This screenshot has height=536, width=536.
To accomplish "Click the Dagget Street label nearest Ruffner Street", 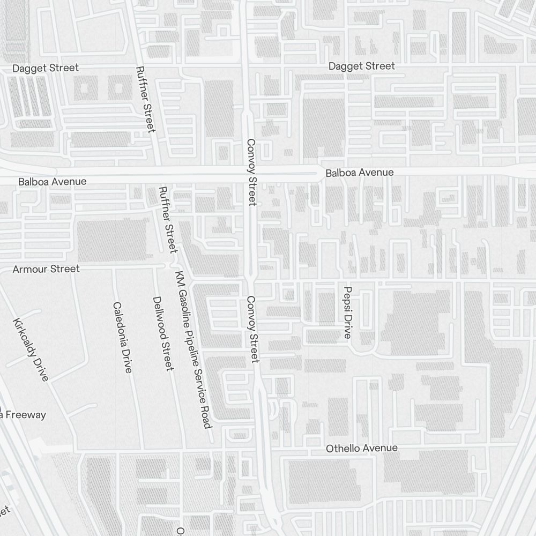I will [x=46, y=68].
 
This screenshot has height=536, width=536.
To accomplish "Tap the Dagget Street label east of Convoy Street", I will [x=361, y=66].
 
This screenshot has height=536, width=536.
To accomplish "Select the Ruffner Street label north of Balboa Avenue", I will [x=145, y=99].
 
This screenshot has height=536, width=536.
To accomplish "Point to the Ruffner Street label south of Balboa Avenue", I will [x=168, y=220].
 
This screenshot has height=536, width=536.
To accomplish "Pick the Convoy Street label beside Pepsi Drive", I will [x=252, y=329].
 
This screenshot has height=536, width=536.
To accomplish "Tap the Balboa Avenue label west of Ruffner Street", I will [x=52, y=182].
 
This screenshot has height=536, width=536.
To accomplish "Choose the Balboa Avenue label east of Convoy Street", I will [x=359, y=173].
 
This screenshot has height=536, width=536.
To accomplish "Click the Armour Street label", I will [x=46, y=269].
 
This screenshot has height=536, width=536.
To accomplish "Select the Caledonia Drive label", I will [x=122, y=338].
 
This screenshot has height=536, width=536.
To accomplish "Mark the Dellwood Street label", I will [x=163, y=333].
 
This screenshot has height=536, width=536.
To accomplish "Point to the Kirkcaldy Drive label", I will [x=31, y=349].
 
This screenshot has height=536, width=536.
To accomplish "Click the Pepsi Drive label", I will [x=347, y=312].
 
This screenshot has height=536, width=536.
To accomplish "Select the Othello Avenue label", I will [x=362, y=448].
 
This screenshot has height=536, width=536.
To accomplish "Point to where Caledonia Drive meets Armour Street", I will [x=114, y=266].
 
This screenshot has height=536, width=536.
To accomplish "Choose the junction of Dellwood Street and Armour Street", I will [x=155, y=266].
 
